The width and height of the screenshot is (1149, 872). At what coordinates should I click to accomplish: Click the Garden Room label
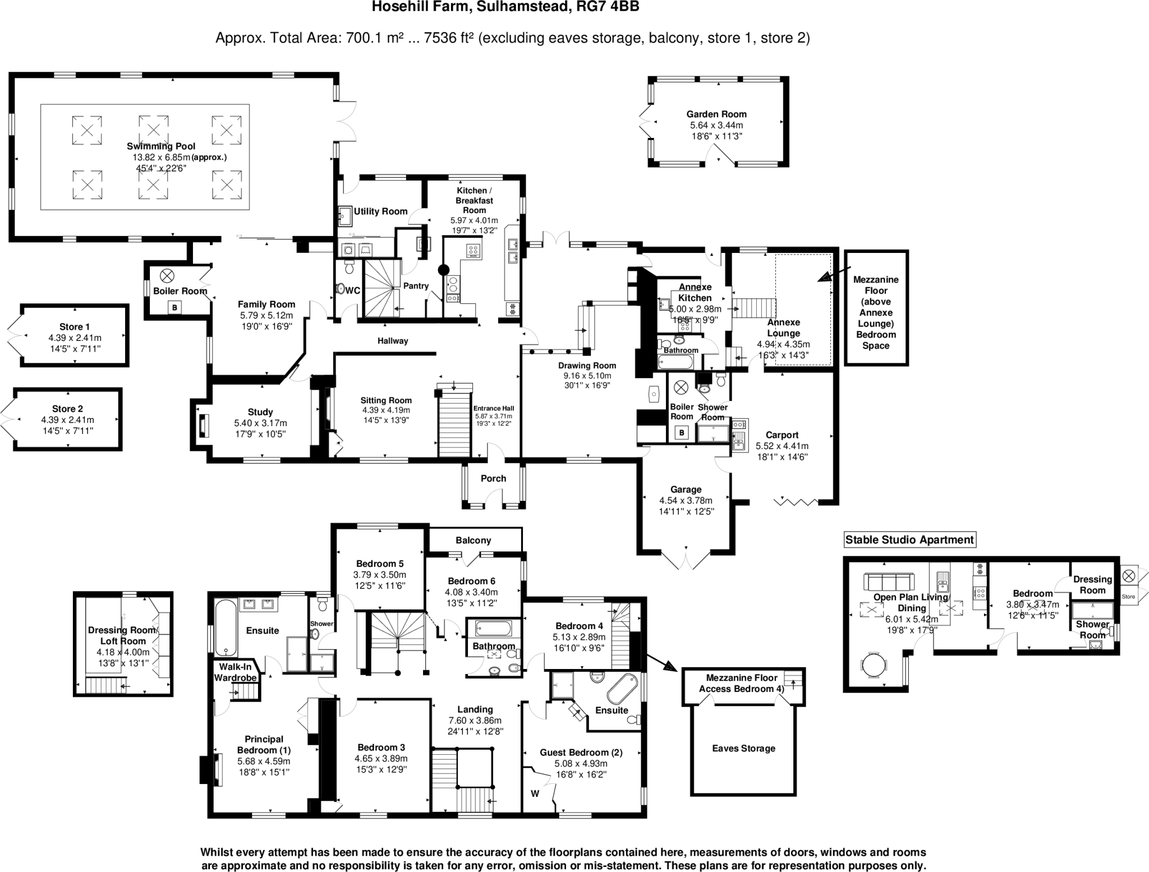click(x=716, y=114)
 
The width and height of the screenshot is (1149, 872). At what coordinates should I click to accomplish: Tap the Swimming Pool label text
click(x=161, y=146)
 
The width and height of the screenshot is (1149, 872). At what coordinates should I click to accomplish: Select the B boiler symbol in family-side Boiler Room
click(x=175, y=307)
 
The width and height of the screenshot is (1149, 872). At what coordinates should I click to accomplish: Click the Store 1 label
click(x=75, y=326)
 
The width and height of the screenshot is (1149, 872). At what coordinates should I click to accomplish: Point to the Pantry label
click(x=416, y=286)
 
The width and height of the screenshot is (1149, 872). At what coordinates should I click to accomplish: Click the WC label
click(x=353, y=290)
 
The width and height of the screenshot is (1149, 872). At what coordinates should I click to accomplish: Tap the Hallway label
click(x=393, y=340)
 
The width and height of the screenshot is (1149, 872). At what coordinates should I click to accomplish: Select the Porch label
click(x=493, y=478)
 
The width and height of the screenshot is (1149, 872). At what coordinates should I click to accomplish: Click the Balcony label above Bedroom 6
click(x=473, y=540)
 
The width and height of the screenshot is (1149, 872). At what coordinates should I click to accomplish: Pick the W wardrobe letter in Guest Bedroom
click(x=535, y=793)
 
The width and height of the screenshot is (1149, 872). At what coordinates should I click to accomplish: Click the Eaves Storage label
click(x=743, y=748)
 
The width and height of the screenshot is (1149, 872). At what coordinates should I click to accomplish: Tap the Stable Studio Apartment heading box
click(x=909, y=539)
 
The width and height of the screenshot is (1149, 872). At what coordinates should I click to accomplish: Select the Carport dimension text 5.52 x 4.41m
click(x=782, y=446)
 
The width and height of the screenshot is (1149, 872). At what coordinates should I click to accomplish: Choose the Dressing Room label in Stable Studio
click(x=1092, y=584)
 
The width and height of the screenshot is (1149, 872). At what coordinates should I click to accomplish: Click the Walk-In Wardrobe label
click(x=235, y=672)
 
